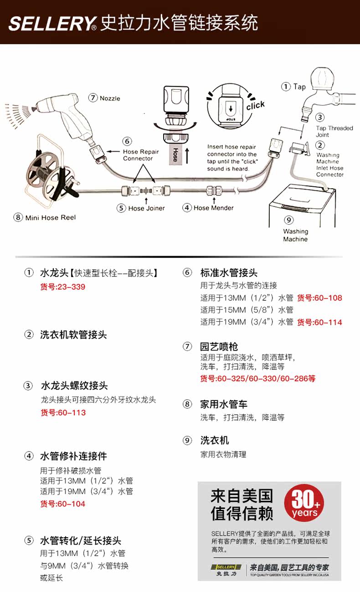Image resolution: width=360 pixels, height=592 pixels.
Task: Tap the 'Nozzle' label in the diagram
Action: (x=110, y=98)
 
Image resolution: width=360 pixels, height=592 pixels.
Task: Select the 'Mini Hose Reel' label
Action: (x=50, y=217)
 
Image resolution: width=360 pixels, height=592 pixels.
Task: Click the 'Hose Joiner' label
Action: (x=146, y=208)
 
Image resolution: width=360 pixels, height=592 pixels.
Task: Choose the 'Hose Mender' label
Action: (x=213, y=208)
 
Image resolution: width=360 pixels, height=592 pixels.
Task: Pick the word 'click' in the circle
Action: (x=255, y=105)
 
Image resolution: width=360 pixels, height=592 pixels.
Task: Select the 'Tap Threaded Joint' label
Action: (x=334, y=131)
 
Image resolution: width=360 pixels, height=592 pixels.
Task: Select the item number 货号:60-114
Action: (x=319, y=322)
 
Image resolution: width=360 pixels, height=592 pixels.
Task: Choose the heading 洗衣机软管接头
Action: (x=73, y=335)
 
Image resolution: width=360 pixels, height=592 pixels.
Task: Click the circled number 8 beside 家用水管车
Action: (x=187, y=404)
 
